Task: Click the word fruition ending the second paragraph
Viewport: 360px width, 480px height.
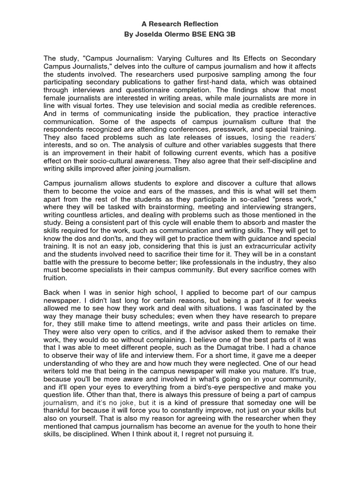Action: pos(55,277)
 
